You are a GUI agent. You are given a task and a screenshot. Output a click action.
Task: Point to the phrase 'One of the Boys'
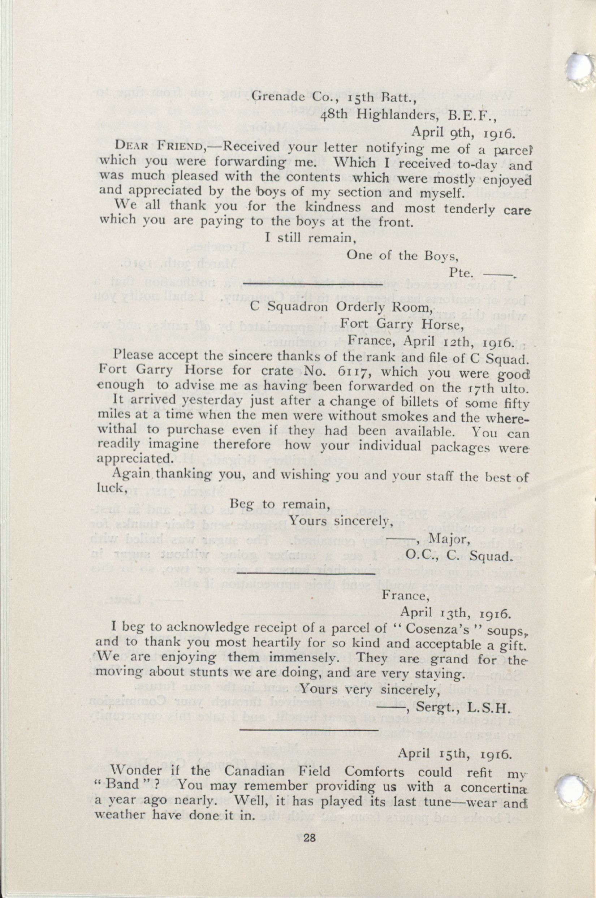pyautogui.click(x=402, y=255)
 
